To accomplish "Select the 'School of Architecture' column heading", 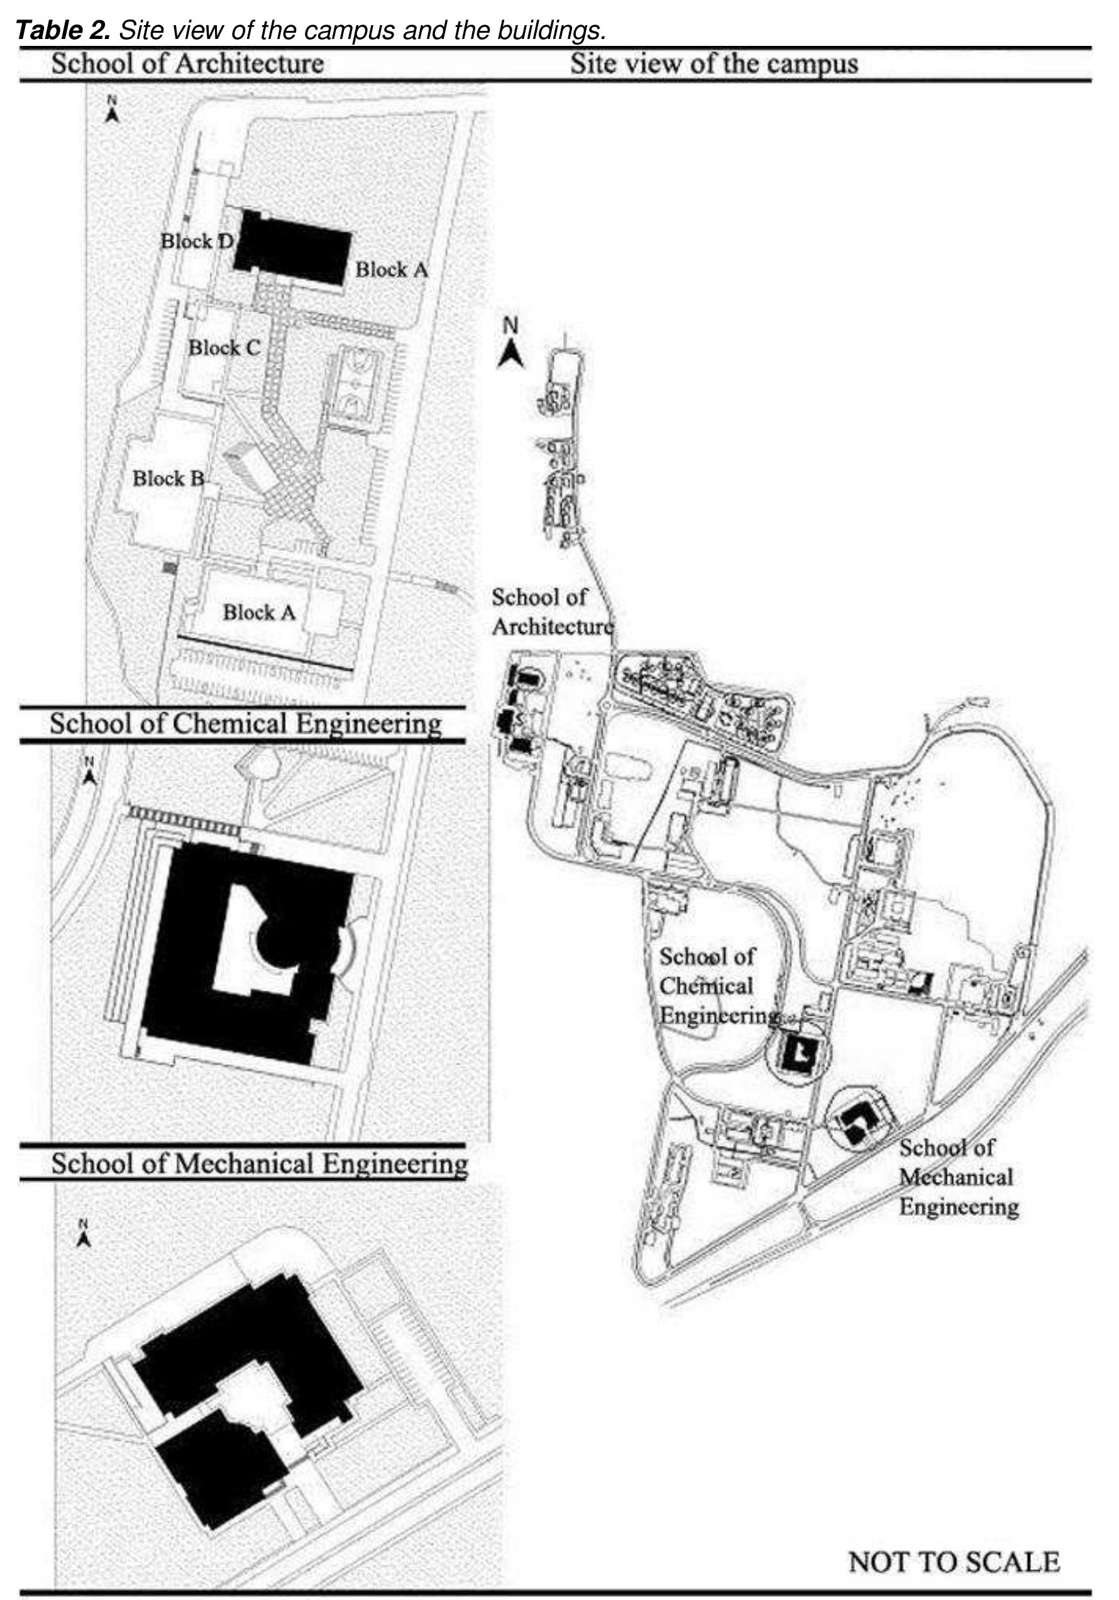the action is click(187, 64).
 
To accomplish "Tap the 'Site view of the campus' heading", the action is click(714, 64).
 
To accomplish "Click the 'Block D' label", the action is click(197, 241).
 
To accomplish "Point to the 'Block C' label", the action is click(224, 347).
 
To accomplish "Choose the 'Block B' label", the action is click(168, 478).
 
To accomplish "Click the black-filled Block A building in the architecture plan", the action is click(293, 247).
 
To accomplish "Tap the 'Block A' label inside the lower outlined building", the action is click(259, 612).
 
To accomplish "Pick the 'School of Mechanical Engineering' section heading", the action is click(259, 1164).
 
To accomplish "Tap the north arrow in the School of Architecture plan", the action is click(111, 110).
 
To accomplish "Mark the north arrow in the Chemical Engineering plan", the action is click(89, 770).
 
